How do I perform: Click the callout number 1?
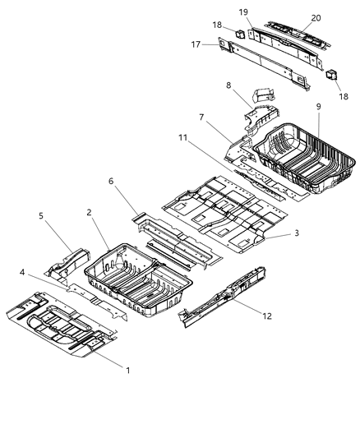coord(127,371)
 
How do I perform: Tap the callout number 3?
coord(296,233)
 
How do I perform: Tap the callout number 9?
coord(317,107)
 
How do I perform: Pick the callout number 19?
coord(244,12)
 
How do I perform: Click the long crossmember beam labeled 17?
coord(271,62)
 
